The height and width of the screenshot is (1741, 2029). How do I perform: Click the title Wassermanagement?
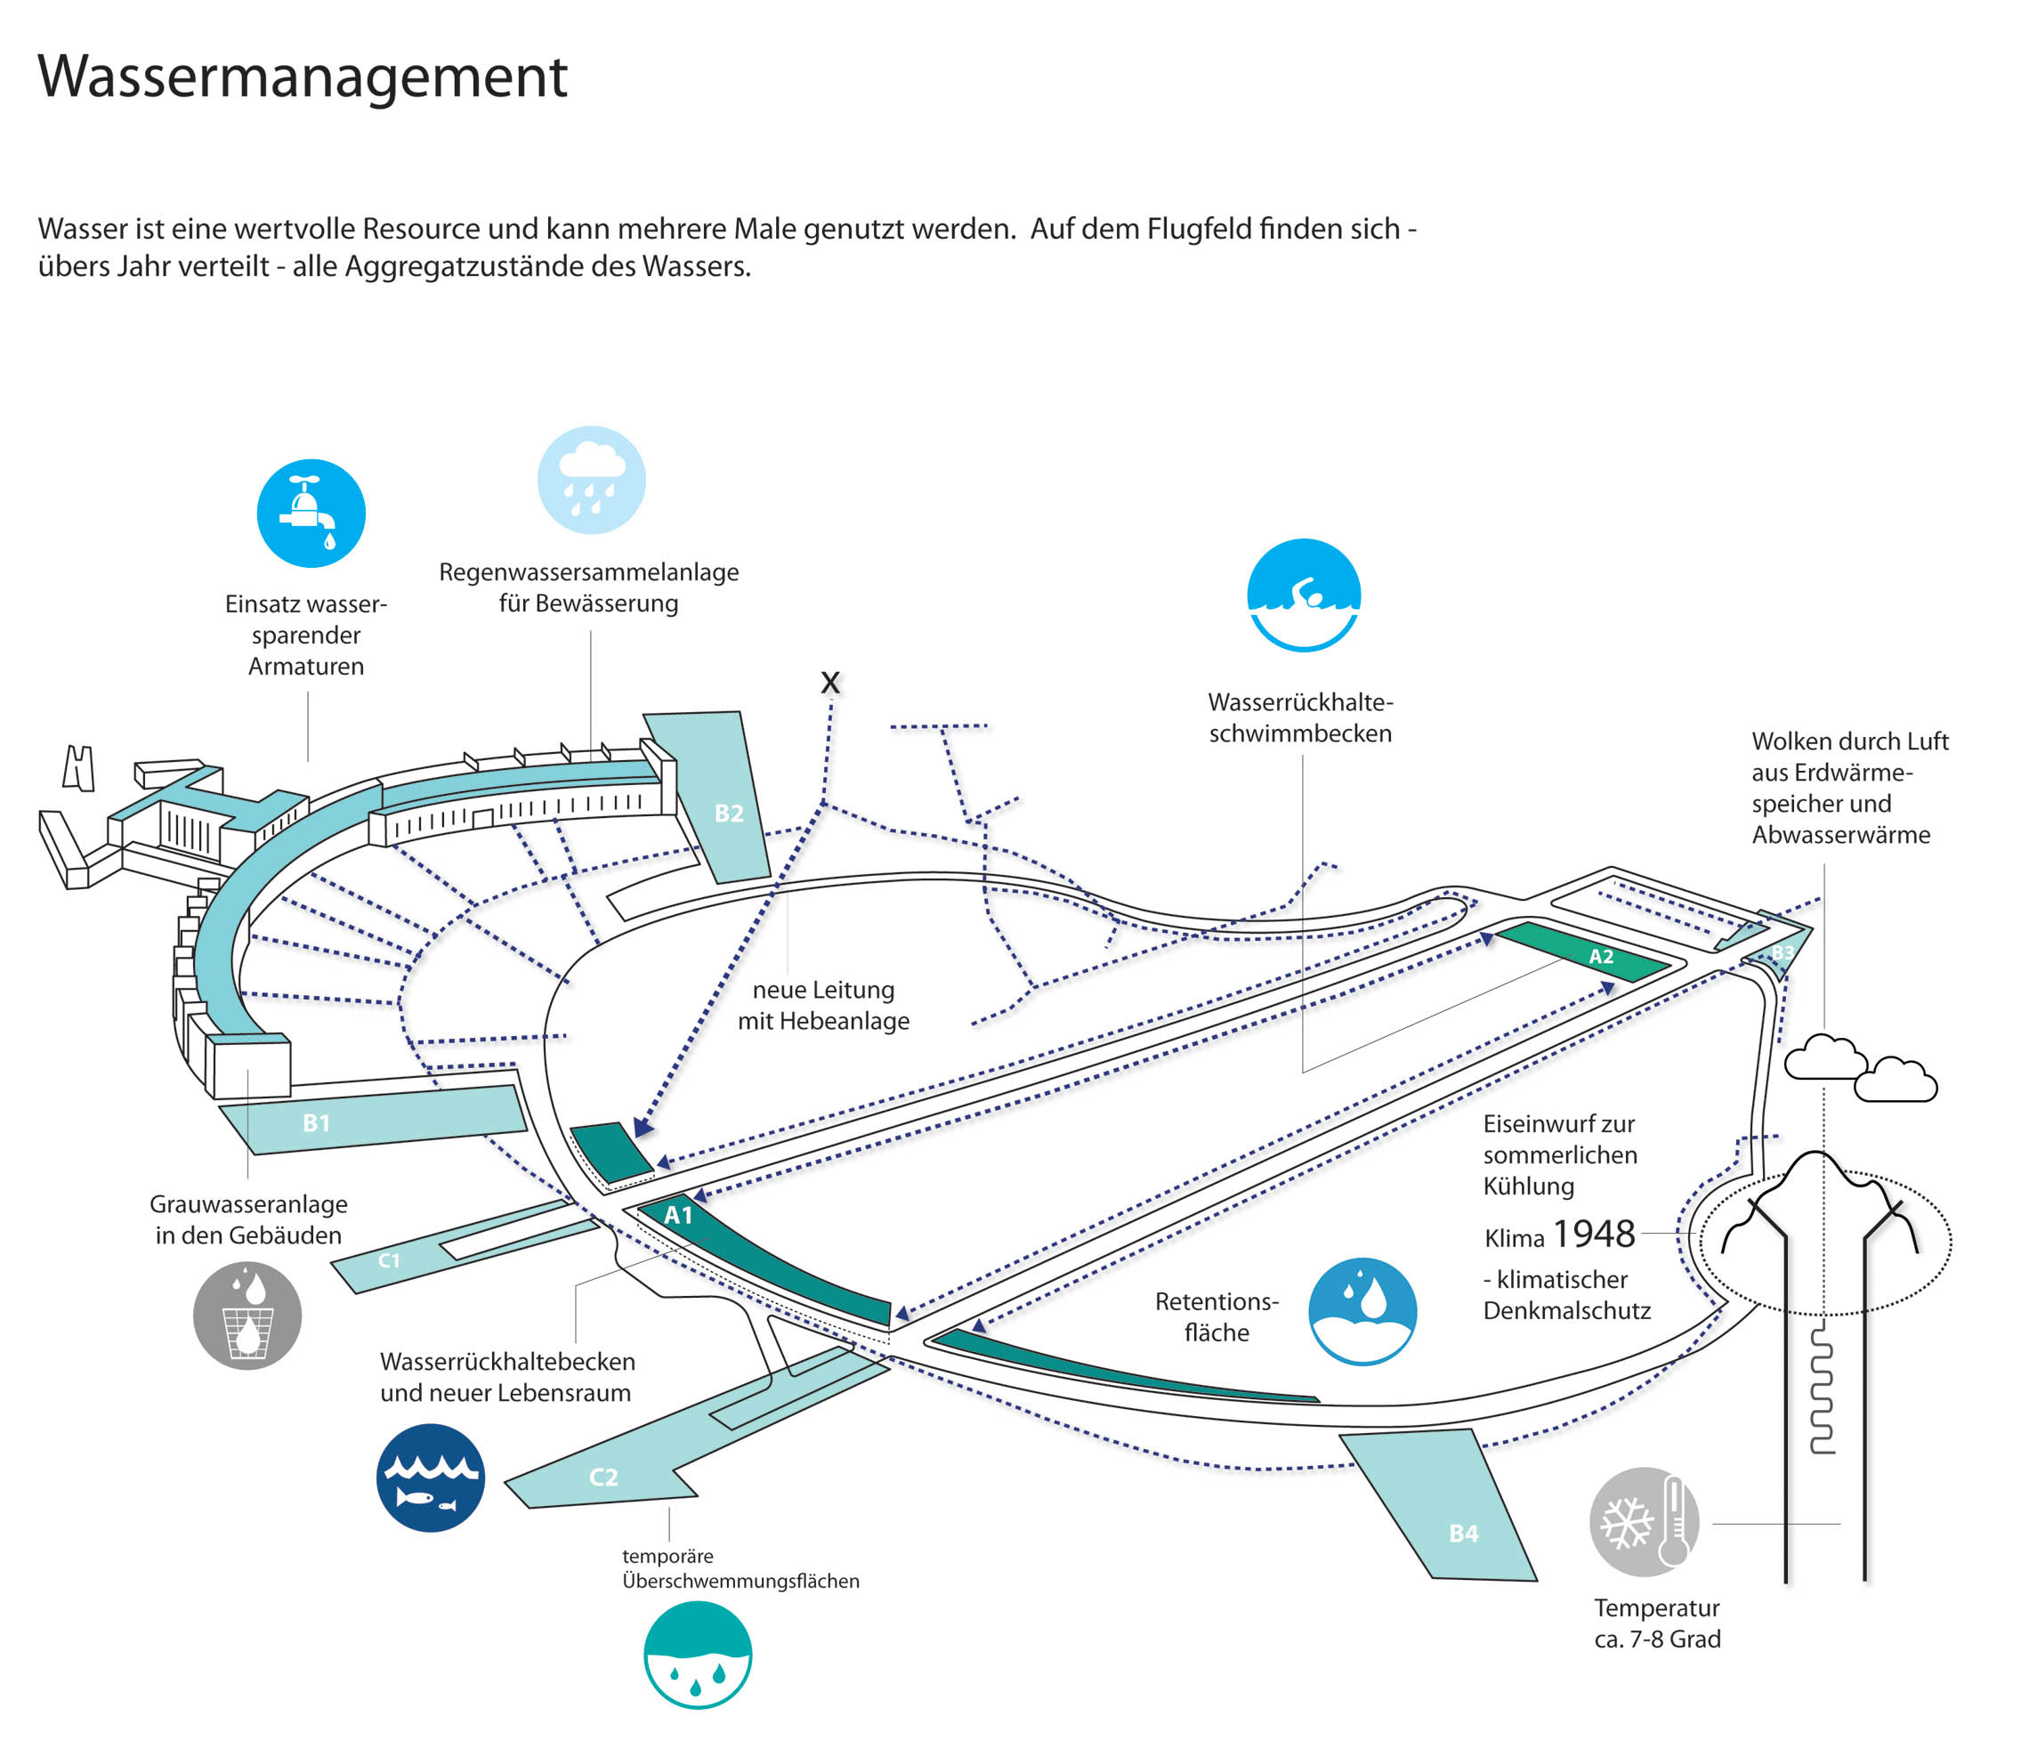point(302,77)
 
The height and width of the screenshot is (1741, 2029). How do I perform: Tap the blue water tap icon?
point(311,513)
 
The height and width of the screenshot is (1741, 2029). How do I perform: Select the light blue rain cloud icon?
point(591,480)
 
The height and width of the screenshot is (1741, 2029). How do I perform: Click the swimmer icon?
point(1304,595)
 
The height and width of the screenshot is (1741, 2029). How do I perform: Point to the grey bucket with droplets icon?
point(247,1315)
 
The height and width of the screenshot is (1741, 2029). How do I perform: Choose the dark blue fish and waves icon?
point(430,1478)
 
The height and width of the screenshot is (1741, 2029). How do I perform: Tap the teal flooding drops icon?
point(697,1654)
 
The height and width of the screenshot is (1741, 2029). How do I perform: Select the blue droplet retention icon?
point(1362,1311)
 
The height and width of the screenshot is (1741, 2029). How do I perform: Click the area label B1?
point(315,1123)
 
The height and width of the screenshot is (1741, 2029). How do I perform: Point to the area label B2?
point(729,813)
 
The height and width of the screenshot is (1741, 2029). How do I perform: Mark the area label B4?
point(1463,1534)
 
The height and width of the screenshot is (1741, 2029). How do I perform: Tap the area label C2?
point(603,1477)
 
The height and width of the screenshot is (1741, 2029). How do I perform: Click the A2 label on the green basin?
point(1601,957)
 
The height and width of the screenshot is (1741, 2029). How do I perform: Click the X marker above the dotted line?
point(830,683)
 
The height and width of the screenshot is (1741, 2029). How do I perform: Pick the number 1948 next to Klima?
point(1594,1234)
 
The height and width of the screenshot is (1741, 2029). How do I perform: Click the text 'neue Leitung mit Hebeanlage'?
point(822,1006)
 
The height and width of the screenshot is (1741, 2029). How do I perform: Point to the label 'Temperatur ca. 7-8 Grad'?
point(1657,1623)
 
